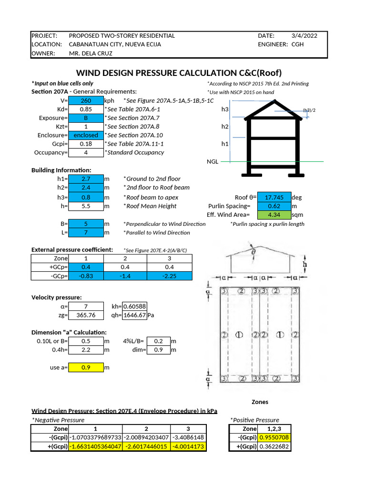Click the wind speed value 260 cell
86,101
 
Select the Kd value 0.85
86,109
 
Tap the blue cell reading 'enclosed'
86,135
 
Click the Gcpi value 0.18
86,144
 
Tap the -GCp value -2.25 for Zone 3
169,276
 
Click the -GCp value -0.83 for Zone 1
86,276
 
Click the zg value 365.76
86,315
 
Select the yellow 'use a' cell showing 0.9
86,367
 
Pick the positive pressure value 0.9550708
274,437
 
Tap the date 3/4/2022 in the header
304,36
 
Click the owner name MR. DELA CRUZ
91,53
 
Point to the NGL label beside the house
212,161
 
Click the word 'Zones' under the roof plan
259,402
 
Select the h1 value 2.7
86,179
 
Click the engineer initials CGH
297,44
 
